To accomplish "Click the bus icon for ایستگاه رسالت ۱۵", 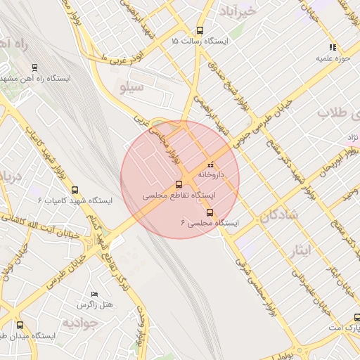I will [200, 30].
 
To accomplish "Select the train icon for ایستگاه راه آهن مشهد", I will [34, 67].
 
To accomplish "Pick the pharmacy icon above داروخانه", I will [210, 164].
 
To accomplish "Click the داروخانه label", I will [210, 173].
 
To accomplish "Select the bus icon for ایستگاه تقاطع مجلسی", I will [179, 184].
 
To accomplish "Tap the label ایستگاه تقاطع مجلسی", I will [179, 195].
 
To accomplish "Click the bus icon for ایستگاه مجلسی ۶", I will [209, 212].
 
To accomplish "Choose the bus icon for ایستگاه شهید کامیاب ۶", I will [75, 190].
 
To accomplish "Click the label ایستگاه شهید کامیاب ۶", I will [70, 200].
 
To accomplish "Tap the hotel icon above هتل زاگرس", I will [95, 295].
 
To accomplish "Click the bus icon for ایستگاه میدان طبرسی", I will [19, 326].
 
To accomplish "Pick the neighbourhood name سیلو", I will [132, 88].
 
